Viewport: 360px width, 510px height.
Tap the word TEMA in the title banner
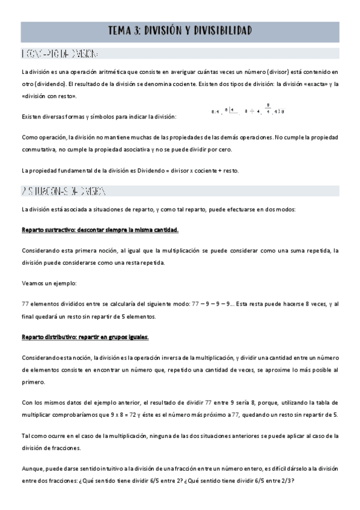tap(121, 31)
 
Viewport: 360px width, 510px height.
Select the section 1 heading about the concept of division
tap(59, 54)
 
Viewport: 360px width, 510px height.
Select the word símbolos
tap(117, 116)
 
